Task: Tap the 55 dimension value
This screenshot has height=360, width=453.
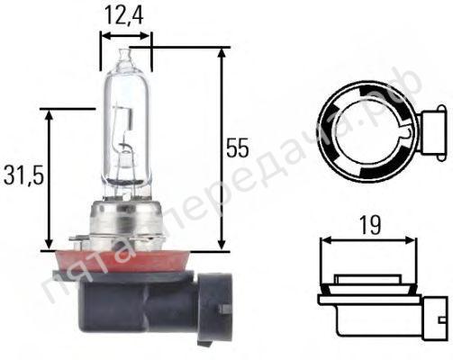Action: [x=238, y=148]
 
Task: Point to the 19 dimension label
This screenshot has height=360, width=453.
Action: [x=370, y=225]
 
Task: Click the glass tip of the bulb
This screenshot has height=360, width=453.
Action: [x=125, y=56]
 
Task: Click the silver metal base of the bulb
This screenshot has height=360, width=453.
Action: [x=127, y=222]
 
